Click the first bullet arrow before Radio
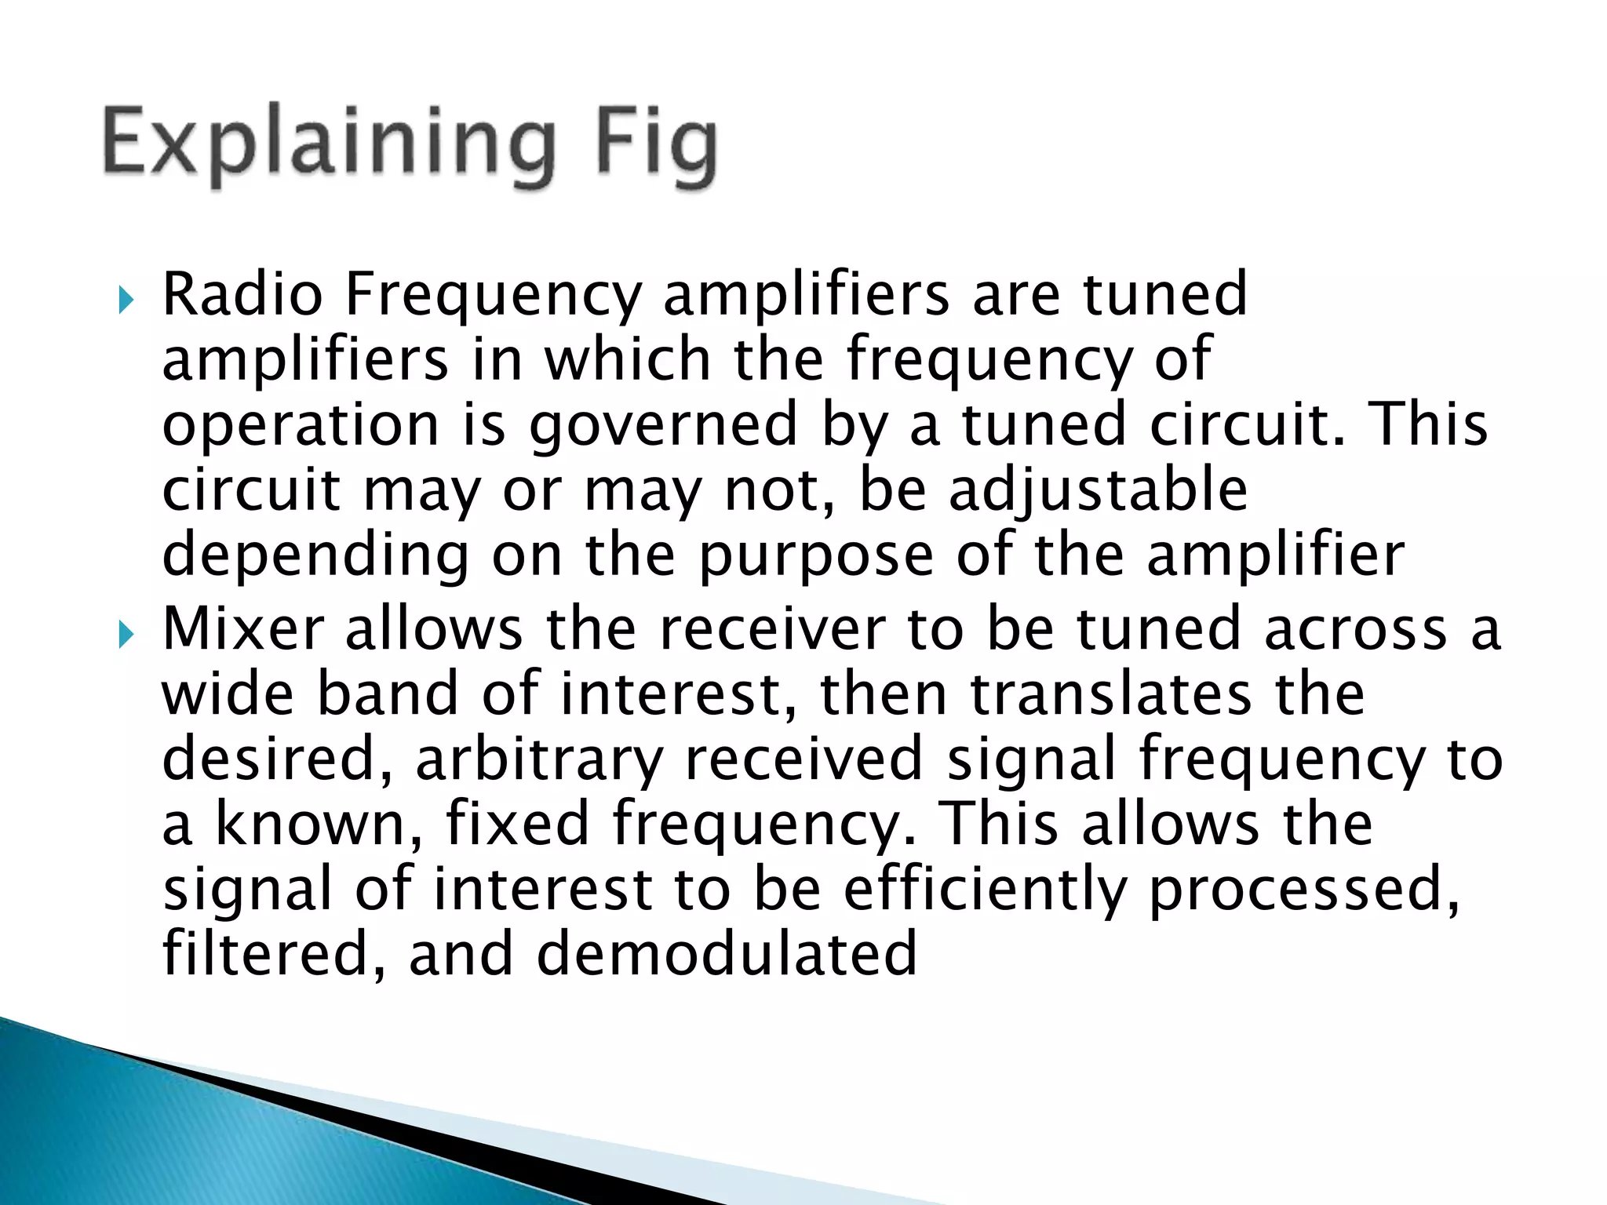coord(126,300)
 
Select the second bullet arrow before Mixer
coord(126,635)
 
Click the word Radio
coord(242,295)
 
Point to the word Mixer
coord(242,629)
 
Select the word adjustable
coord(1099,490)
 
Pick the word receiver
coord(772,629)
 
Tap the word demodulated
coord(727,955)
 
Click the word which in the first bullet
coord(628,359)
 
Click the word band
coord(388,695)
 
